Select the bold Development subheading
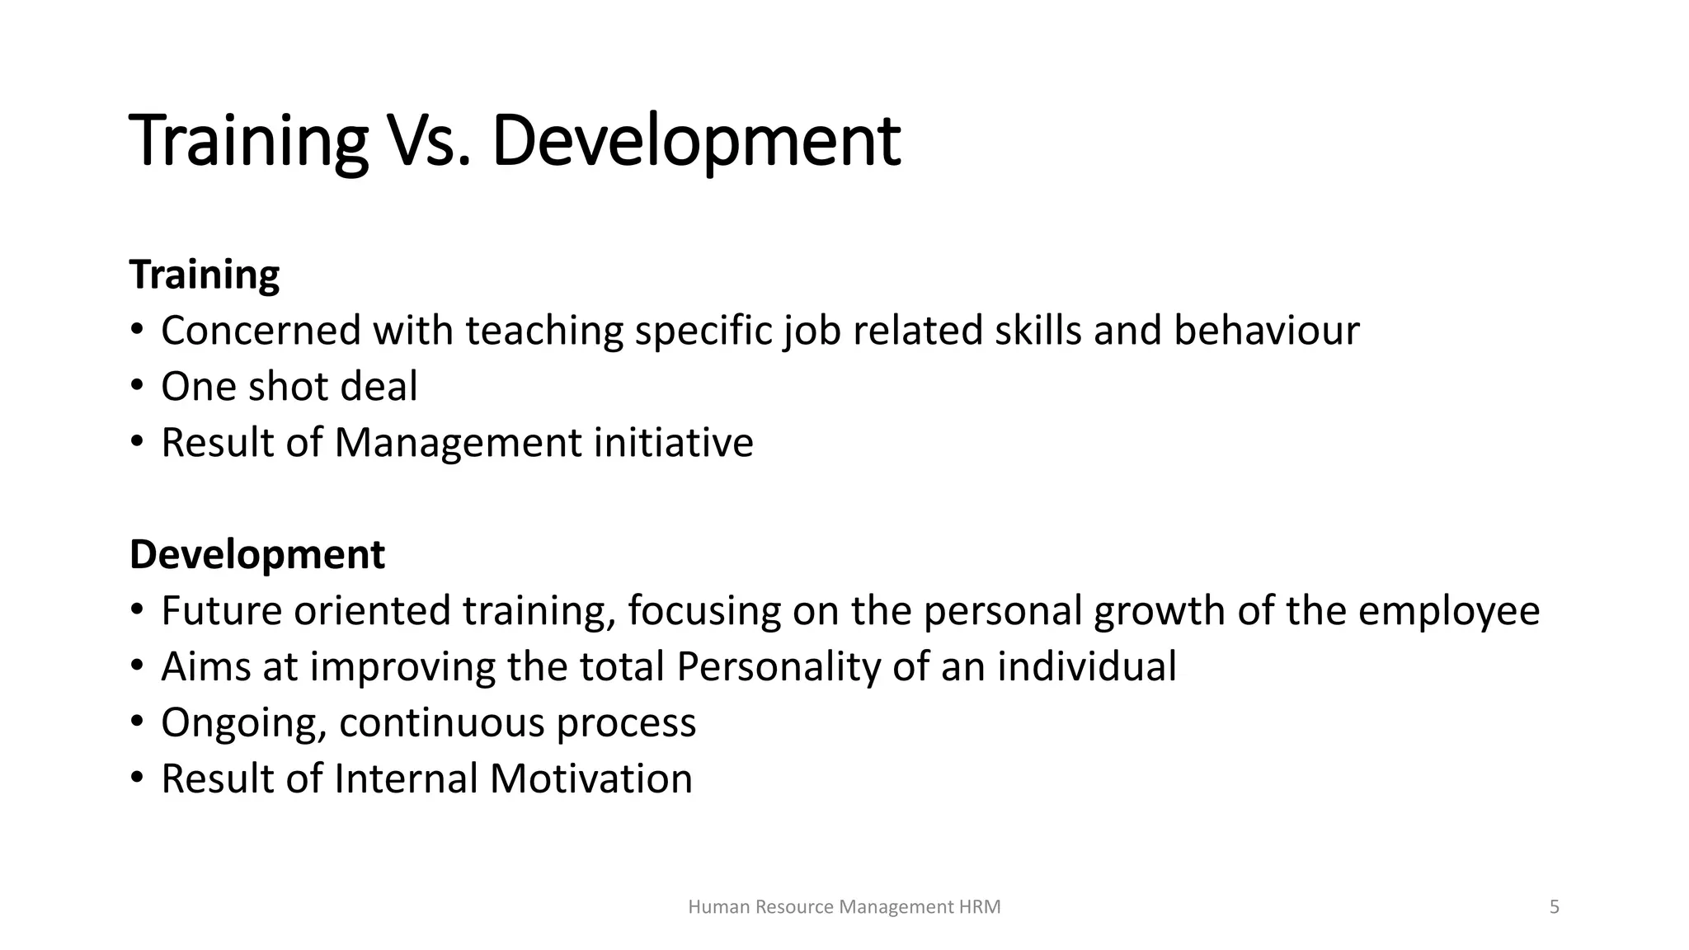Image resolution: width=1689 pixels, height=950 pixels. click(x=256, y=554)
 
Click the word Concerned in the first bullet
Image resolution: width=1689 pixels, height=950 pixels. click(x=261, y=331)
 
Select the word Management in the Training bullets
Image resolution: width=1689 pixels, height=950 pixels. click(x=458, y=443)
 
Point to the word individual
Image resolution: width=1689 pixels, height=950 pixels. click(x=1087, y=666)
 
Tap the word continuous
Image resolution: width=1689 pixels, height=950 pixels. click(x=441, y=723)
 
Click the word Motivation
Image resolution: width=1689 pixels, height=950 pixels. click(x=590, y=778)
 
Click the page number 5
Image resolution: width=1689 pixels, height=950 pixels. click(x=1555, y=907)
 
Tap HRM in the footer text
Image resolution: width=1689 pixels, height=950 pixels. click(x=980, y=907)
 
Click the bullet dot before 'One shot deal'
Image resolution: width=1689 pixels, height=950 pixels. click(x=137, y=385)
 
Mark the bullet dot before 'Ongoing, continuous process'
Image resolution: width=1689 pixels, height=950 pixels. click(x=137, y=722)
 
